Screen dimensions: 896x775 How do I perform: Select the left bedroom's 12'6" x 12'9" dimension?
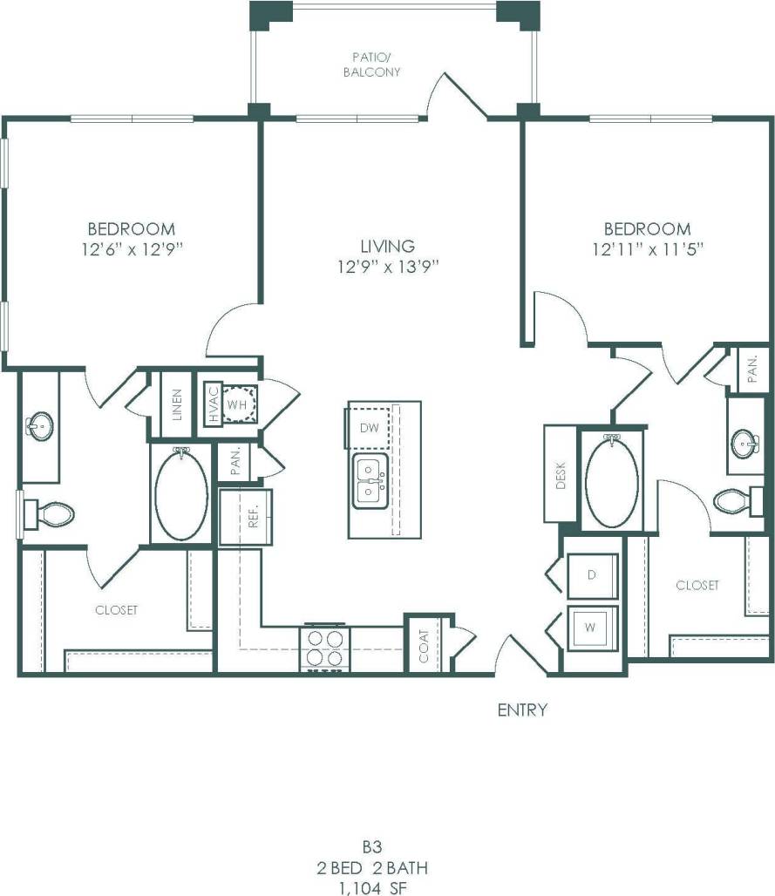pyautogui.click(x=131, y=248)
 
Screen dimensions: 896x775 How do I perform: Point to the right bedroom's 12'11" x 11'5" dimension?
pyautogui.click(x=647, y=248)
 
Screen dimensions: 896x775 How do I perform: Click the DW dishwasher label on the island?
pyautogui.click(x=368, y=427)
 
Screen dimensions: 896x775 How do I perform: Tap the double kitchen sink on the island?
pyautogui.click(x=371, y=480)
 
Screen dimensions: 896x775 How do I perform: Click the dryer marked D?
pyautogui.click(x=591, y=574)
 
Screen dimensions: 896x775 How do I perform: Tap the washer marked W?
pyautogui.click(x=591, y=628)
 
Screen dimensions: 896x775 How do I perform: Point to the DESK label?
pyautogui.click(x=561, y=474)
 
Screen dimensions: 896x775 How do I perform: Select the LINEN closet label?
pyautogui.click(x=177, y=405)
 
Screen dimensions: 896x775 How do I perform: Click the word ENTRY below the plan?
pyautogui.click(x=522, y=709)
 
